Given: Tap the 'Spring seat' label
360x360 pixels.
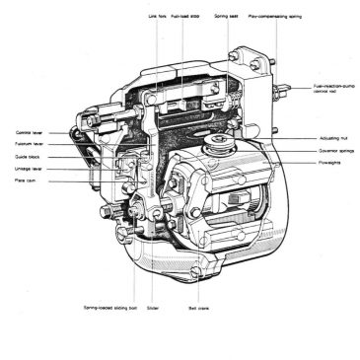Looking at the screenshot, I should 227,16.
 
